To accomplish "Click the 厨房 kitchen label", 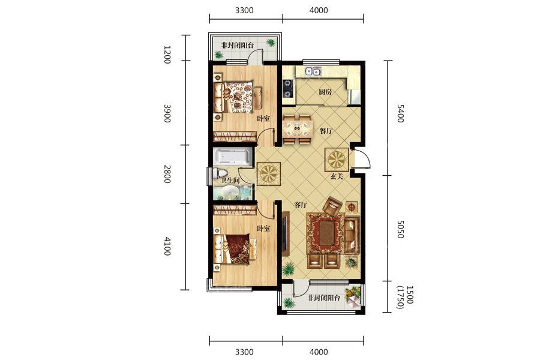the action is pos(325,92).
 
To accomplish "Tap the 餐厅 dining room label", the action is pos(326,131).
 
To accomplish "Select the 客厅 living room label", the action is pos(301,205).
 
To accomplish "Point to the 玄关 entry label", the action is pos(337,176).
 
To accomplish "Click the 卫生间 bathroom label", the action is pos(230,180).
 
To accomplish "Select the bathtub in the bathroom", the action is pos(233,157).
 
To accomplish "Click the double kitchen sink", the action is pos(313,71).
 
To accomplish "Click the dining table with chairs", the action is pos(298,130).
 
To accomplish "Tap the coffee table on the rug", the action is pos(325,233).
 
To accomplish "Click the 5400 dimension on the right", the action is pos(400,113).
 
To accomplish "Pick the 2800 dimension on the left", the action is pos(167,175).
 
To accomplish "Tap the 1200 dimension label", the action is pos(167,55).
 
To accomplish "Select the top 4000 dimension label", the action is pos(319,10).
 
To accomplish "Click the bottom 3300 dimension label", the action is pos(244,352).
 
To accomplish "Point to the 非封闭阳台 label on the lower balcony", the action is pos(324,298).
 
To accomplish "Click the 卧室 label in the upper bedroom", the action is pos(263,119).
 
